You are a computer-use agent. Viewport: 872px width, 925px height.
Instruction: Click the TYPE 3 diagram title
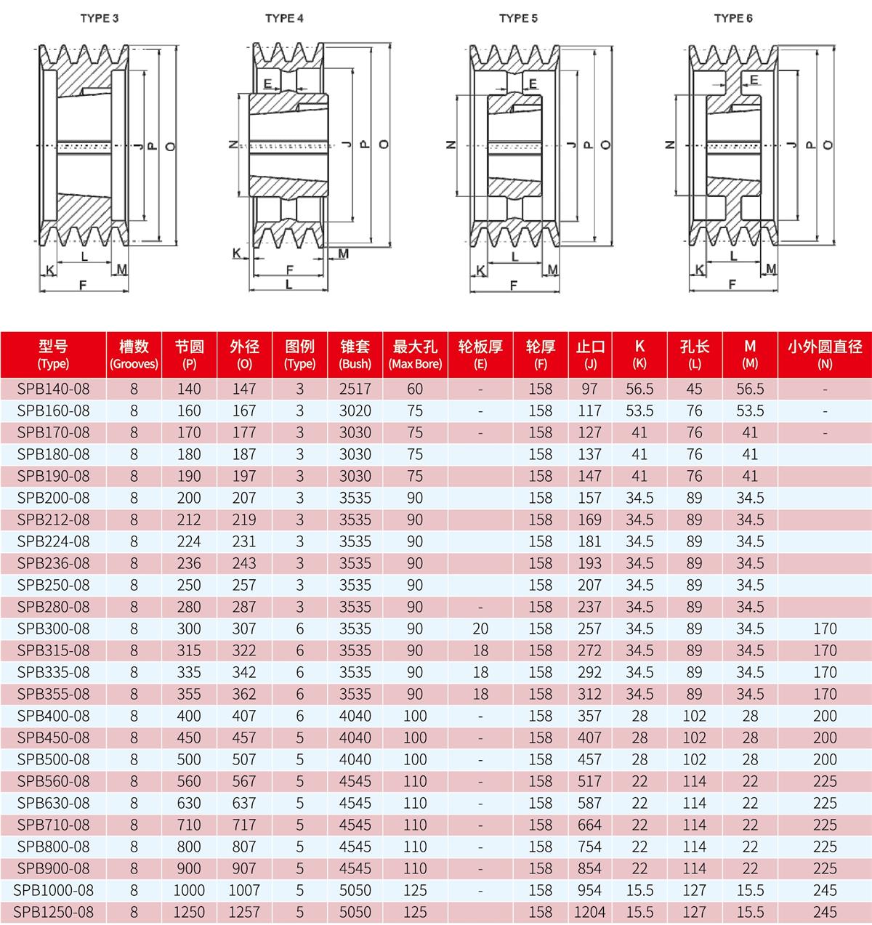pyautogui.click(x=100, y=18)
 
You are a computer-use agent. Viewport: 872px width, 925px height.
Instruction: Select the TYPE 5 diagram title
pyautogui.click(x=518, y=18)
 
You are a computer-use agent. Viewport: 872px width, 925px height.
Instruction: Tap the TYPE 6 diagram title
pyautogui.click(x=733, y=18)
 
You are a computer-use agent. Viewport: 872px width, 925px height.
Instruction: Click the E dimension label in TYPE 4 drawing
pyautogui.click(x=268, y=83)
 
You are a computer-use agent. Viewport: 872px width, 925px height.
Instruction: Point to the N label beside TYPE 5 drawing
pyautogui.click(x=451, y=145)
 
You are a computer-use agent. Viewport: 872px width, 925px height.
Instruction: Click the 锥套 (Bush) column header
pyautogui.click(x=355, y=354)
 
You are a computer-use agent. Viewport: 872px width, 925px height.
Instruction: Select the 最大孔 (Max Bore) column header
pyautogui.click(x=415, y=354)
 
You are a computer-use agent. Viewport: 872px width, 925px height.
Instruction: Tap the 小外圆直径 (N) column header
pyautogui.click(x=825, y=354)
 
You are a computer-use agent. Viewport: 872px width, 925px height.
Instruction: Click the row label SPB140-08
pyautogui.click(x=54, y=389)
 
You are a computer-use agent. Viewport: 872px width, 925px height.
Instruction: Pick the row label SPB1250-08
pyautogui.click(x=54, y=912)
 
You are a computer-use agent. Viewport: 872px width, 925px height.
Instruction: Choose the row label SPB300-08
pyautogui.click(x=54, y=629)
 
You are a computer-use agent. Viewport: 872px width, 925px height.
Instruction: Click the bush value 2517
pyautogui.click(x=355, y=389)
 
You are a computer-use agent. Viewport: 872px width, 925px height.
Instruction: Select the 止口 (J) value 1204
pyautogui.click(x=590, y=912)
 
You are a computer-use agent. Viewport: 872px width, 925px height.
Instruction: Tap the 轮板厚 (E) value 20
pyautogui.click(x=480, y=629)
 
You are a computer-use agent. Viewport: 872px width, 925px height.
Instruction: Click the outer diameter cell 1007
pyautogui.click(x=244, y=890)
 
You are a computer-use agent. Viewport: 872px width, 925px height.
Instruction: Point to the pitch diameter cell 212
pyautogui.click(x=189, y=520)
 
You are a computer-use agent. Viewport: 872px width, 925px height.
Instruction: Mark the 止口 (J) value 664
pyautogui.click(x=590, y=825)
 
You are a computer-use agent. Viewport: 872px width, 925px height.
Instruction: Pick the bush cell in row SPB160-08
pyautogui.click(x=355, y=411)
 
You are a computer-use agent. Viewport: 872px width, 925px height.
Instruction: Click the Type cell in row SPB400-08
pyautogui.click(x=299, y=716)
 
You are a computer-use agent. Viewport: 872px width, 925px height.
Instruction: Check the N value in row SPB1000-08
pyautogui.click(x=825, y=890)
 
